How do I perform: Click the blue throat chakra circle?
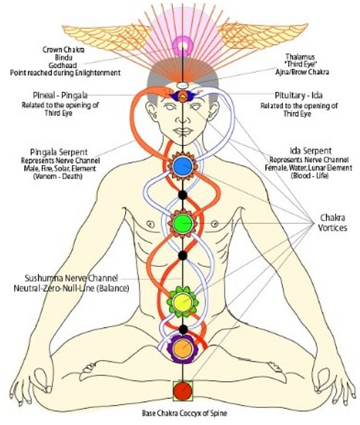point(183,166)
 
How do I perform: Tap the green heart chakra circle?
point(183,223)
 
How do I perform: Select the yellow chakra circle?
point(182,302)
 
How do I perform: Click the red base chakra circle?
point(183,391)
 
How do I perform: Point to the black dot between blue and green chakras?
point(182,195)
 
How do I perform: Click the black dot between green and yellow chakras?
point(183,255)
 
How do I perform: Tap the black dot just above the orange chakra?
point(184,329)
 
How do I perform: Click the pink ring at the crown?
point(183,47)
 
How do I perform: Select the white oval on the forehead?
point(183,85)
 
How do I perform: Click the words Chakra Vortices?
point(332,222)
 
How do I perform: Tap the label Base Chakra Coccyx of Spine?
point(185,413)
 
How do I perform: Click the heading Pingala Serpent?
point(59,152)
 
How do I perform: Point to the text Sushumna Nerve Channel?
point(72,278)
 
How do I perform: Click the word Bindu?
point(64,57)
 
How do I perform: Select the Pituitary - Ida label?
point(299,96)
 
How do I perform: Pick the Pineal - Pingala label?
point(60,96)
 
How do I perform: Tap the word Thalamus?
point(300,57)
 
